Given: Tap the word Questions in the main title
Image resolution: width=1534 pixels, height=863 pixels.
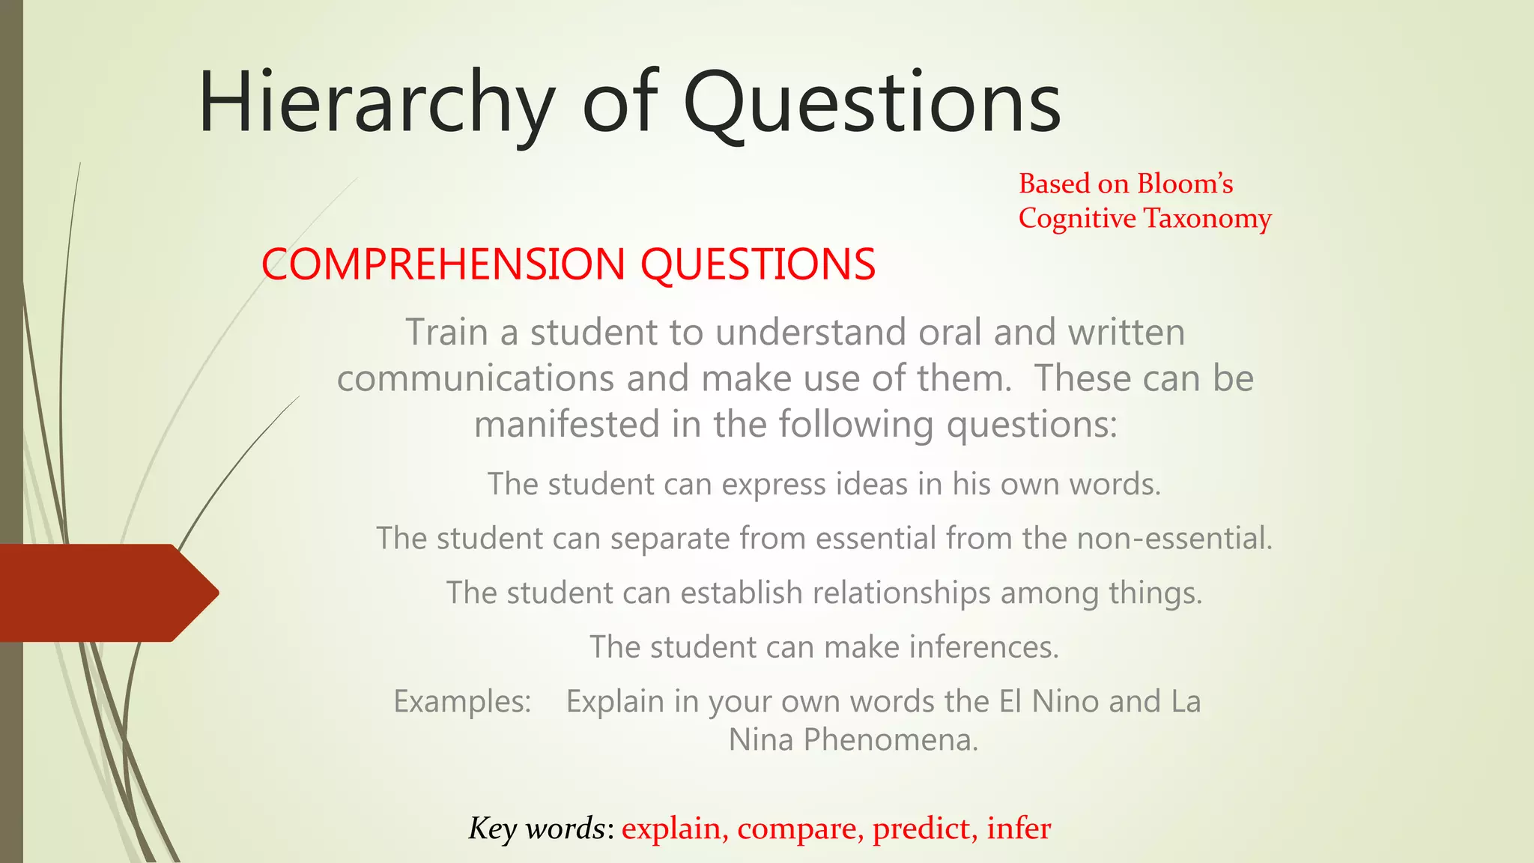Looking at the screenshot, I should point(872,103).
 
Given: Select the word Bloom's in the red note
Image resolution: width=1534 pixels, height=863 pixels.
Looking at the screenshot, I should point(1185,184).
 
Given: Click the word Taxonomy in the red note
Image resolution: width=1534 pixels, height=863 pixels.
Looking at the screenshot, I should point(1207,218).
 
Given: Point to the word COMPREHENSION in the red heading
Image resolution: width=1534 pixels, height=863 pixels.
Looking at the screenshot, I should point(443,264).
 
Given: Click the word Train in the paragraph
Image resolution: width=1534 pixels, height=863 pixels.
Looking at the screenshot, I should point(448,332).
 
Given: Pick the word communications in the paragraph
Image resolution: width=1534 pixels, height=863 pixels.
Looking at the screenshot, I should point(476,378).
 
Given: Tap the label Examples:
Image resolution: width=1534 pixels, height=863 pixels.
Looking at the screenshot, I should point(462,701).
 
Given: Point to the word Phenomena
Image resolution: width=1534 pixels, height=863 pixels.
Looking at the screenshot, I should point(891,740).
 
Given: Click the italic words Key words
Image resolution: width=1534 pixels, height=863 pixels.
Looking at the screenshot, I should point(536,829).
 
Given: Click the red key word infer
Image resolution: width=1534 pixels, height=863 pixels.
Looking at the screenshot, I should point(1019,829).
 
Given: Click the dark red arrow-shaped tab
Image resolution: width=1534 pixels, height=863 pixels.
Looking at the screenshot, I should point(105,593).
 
